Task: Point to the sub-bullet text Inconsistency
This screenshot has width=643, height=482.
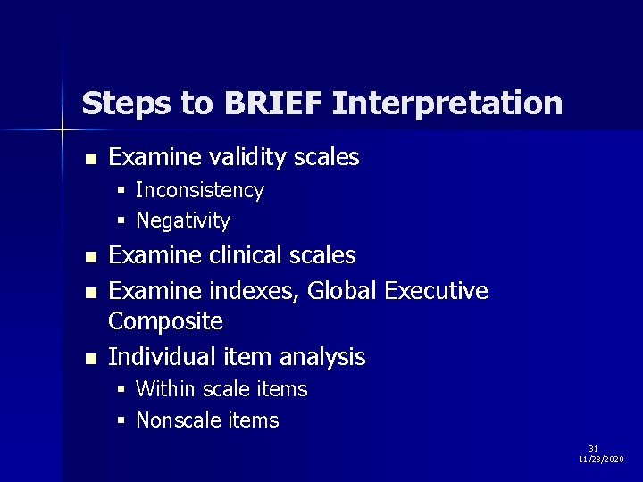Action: (199, 190)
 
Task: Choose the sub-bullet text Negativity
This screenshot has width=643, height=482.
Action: (183, 220)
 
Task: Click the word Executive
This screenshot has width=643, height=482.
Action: (439, 290)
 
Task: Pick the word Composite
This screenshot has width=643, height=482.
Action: (165, 320)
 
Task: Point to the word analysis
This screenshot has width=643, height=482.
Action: (322, 357)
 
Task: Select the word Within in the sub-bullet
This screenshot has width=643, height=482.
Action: (166, 389)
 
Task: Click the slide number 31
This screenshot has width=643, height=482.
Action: (593, 448)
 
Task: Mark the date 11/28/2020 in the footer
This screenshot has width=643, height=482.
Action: (601, 459)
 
